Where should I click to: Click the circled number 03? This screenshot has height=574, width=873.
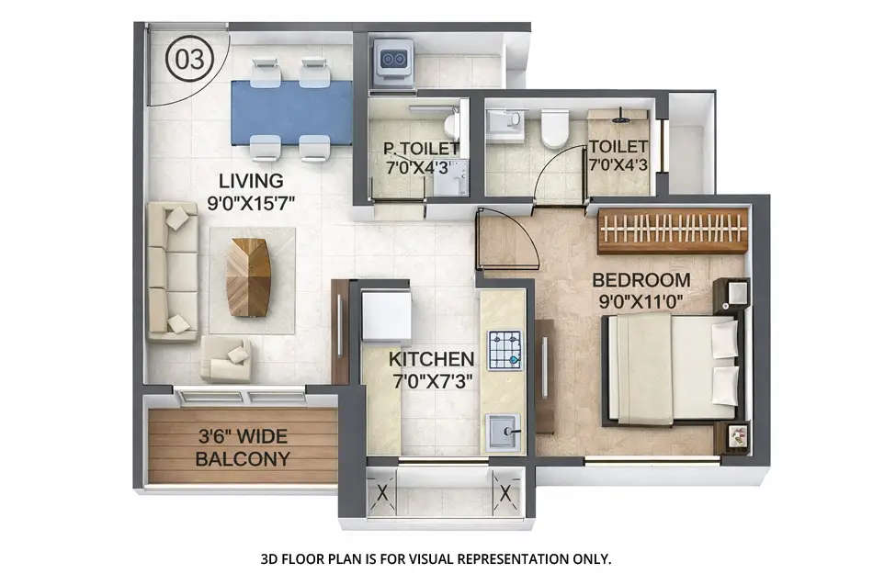tap(188, 58)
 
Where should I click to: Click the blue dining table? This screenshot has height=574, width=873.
tap(290, 112)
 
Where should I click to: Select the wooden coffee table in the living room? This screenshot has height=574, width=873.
tap(249, 276)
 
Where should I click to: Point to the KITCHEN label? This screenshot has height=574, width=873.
tap(431, 359)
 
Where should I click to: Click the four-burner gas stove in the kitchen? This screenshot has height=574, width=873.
tap(504, 349)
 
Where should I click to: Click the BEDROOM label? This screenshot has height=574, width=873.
tap(641, 280)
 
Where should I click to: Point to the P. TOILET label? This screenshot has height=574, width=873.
tap(421, 149)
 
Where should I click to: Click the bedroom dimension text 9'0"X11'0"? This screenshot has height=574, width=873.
tap(641, 300)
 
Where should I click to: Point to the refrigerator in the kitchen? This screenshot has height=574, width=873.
tap(386, 314)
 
